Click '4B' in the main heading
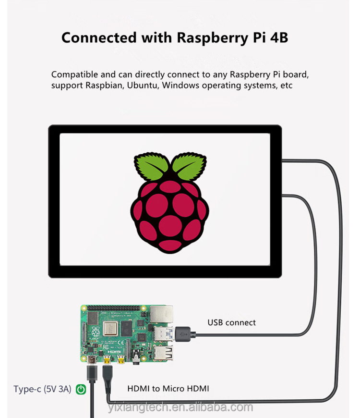[x=277, y=37]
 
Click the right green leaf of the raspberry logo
[x=189, y=167]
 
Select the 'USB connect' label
[x=231, y=322]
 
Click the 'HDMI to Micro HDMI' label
[x=168, y=389]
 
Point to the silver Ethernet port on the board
[x=160, y=315]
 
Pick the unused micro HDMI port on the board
[x=122, y=360]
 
